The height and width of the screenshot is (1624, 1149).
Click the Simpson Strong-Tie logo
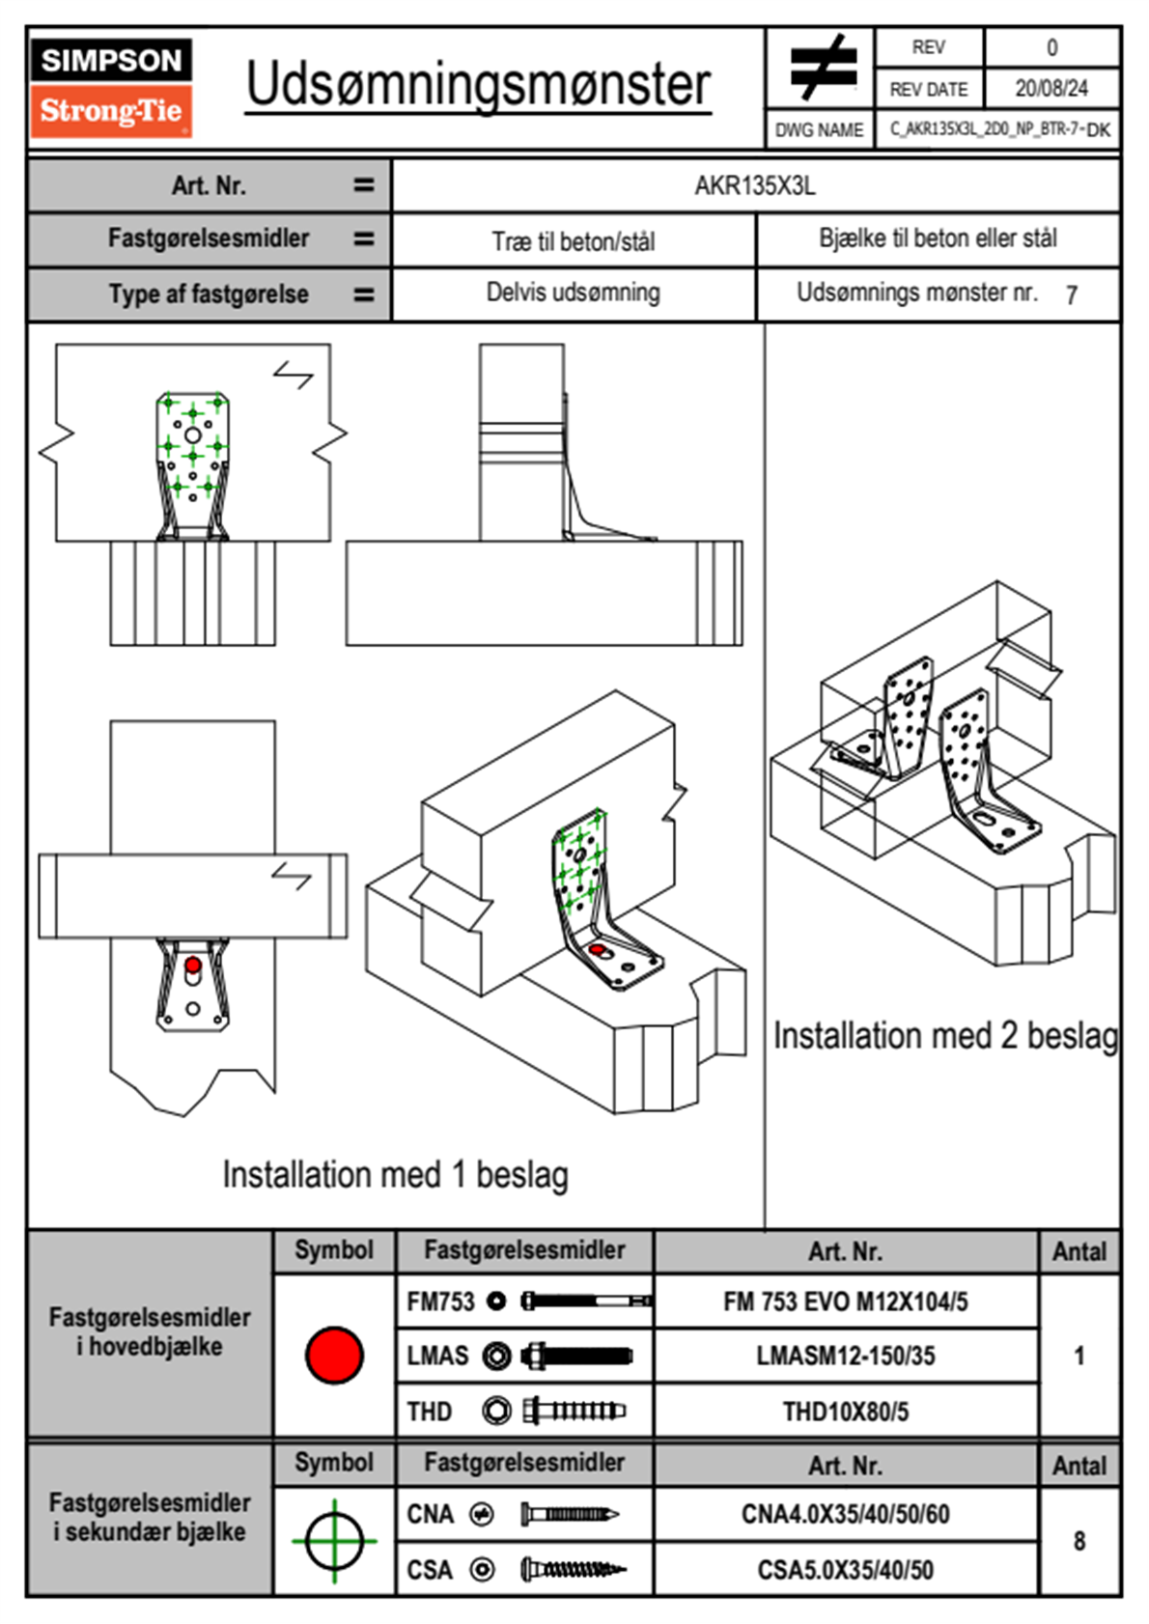[111, 87]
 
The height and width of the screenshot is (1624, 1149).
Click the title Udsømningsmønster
[478, 85]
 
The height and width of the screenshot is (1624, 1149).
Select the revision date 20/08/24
[1051, 89]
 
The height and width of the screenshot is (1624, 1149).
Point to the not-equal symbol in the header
[822, 68]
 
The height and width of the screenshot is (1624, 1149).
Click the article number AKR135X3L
[755, 185]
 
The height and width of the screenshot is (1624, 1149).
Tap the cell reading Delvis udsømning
[573, 293]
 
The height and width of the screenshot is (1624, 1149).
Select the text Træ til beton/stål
[573, 240]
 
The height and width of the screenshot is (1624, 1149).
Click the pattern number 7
[1071, 295]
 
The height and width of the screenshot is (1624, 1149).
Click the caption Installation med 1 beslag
[395, 1175]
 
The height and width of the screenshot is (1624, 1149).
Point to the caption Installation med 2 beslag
[944, 1036]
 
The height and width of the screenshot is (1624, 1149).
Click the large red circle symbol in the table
[334, 1355]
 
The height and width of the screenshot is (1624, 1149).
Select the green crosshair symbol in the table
[334, 1541]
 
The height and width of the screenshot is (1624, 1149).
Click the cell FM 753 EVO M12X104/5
[845, 1302]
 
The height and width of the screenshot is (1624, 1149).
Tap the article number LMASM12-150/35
[845, 1356]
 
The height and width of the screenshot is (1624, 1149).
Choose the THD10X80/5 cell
[845, 1412]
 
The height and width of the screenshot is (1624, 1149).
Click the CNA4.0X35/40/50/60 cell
[845, 1514]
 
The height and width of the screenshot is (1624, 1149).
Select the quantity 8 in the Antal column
[1079, 1541]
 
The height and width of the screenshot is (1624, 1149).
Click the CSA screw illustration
[572, 1570]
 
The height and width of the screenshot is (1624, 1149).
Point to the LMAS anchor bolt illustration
[576, 1356]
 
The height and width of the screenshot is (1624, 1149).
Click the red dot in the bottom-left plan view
[193, 965]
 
